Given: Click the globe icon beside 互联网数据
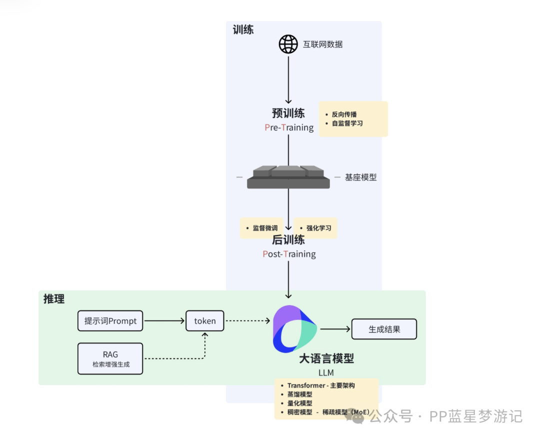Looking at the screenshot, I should (288, 44).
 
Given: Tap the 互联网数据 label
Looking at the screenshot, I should (322, 44).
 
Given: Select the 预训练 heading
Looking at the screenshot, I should (288, 112).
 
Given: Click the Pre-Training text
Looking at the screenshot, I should (289, 127).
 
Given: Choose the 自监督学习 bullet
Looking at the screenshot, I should (347, 123).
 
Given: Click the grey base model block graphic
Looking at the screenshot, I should (288, 177).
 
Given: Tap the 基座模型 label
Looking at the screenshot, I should (360, 177).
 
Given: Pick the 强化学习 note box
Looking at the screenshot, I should (315, 228).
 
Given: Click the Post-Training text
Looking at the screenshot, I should (289, 254).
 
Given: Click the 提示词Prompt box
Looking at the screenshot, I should (110, 321).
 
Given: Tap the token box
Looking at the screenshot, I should (205, 321).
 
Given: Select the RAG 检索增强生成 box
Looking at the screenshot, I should (110, 358).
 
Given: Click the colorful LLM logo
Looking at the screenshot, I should (294, 328).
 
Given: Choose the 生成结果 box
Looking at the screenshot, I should (384, 329).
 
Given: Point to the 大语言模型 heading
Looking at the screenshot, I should (326, 358).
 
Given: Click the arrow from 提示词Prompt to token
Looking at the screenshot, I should (164, 321).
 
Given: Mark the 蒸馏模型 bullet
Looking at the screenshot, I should (300, 394).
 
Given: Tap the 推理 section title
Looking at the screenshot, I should (54, 299).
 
